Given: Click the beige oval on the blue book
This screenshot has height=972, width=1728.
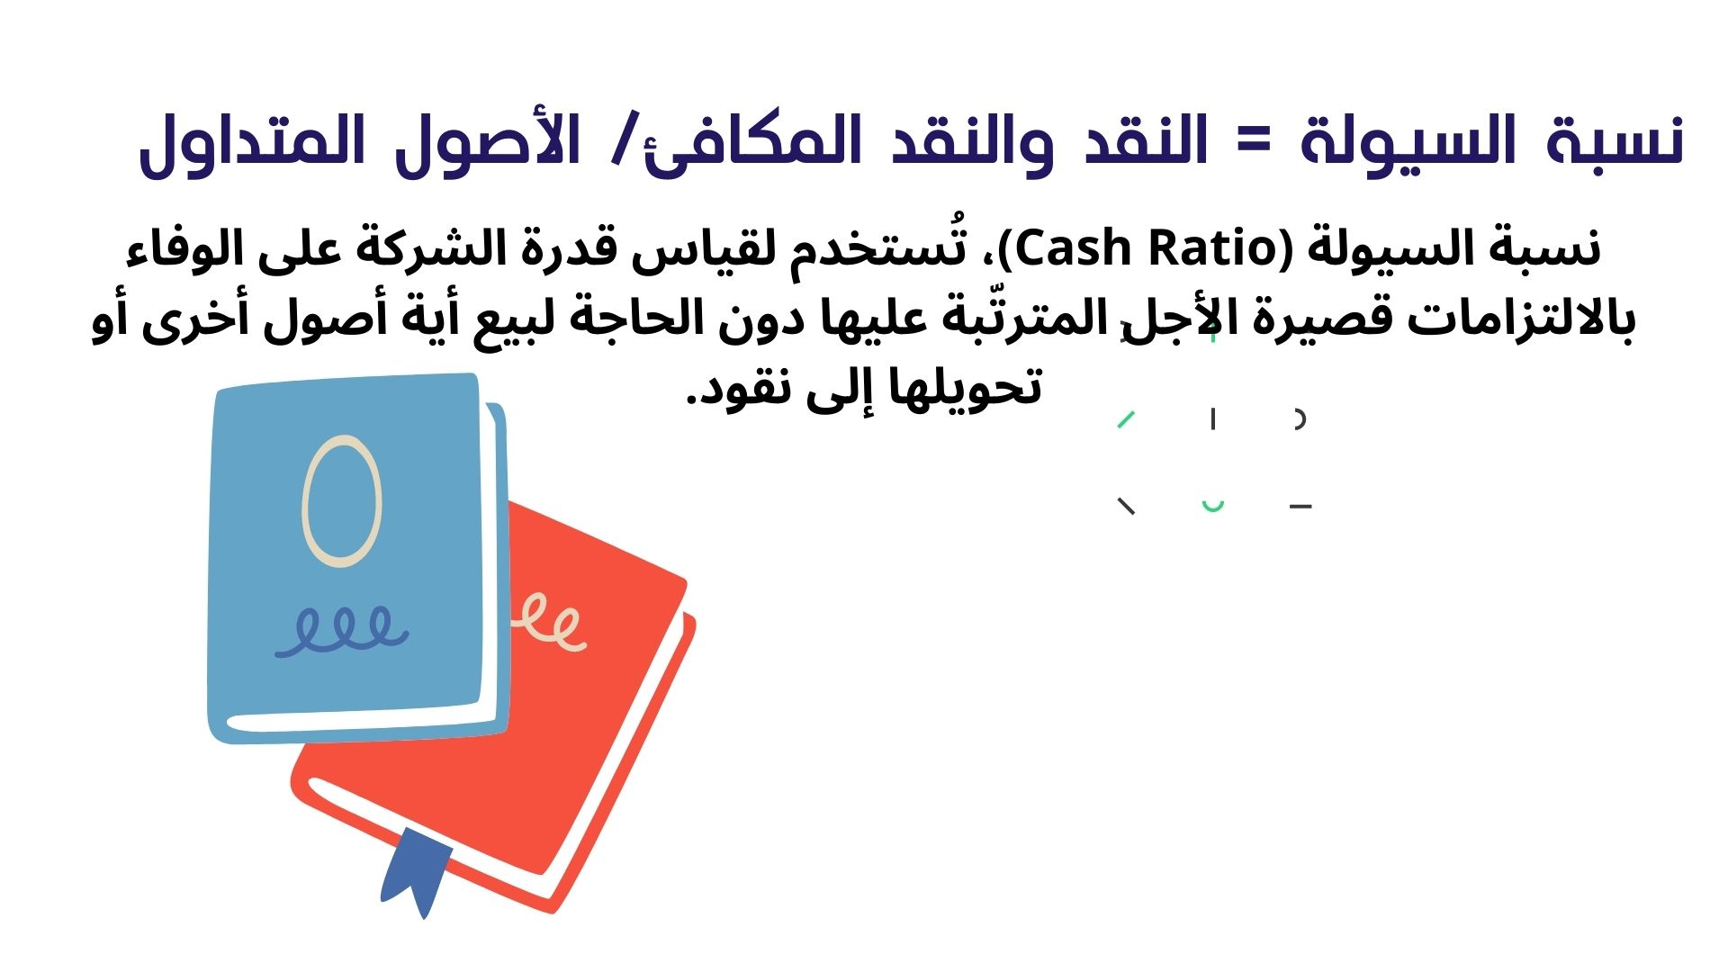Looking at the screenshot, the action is click(x=342, y=501).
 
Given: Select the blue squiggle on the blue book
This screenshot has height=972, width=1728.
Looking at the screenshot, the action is click(x=342, y=630).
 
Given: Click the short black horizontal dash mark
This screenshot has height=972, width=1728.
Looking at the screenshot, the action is click(x=1300, y=508).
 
